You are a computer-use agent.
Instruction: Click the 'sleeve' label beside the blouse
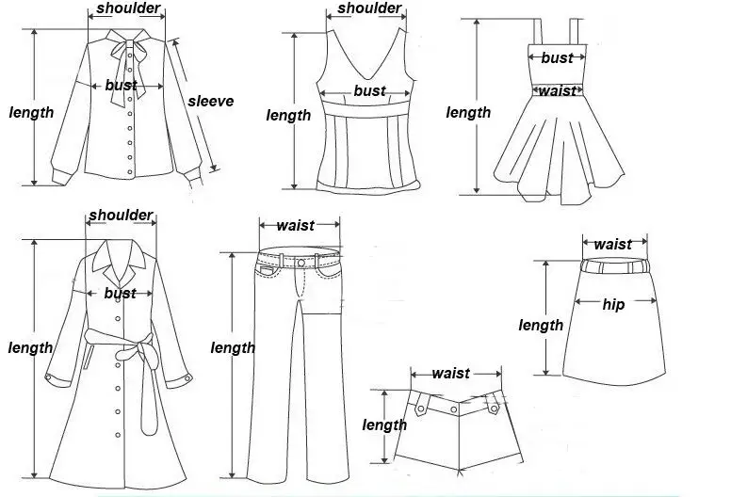pos(210,102)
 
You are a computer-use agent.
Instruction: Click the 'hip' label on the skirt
pos(613,304)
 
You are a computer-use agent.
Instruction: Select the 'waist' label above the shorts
pos(450,374)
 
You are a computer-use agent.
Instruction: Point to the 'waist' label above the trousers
pos(295,225)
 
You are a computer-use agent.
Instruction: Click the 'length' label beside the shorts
pos(384,425)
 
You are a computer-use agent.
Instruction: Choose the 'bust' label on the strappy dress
pos(557,58)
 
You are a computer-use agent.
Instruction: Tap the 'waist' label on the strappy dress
pos(557,91)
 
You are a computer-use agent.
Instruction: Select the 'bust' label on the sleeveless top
pos(369,91)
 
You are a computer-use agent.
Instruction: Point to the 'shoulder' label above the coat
pos(121,216)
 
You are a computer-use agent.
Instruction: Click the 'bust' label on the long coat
pos(120,294)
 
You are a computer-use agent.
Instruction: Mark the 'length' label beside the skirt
pos(541,325)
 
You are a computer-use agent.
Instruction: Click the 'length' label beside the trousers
pos(233,347)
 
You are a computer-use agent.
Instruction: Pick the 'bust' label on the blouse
pos(121,86)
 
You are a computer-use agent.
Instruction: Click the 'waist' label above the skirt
pos(612,245)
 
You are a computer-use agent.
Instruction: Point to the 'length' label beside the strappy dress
pos(468,113)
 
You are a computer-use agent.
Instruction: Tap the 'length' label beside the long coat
pos(30,347)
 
